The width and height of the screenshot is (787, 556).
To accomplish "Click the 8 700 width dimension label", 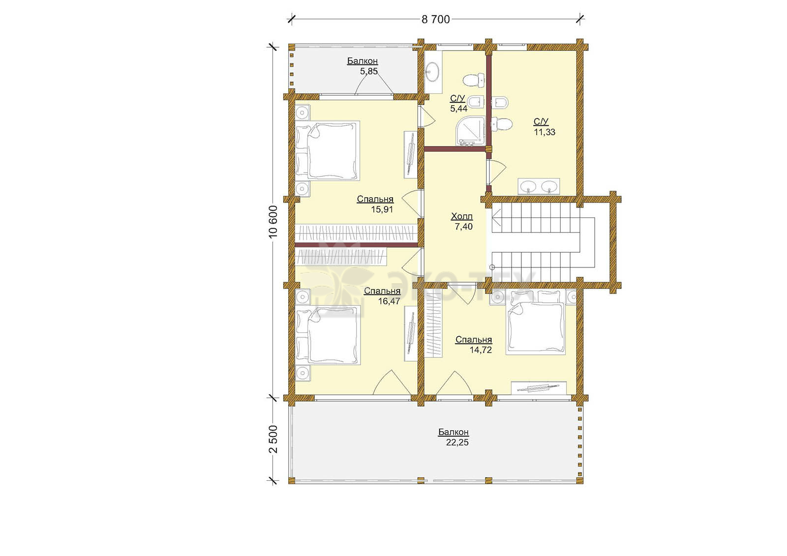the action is pyautogui.click(x=435, y=20).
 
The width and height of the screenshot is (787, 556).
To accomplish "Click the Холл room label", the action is pyautogui.click(x=462, y=216).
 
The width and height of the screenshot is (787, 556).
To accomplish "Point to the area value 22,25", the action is pyautogui.click(x=457, y=442).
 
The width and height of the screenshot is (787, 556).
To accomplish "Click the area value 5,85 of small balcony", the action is pyautogui.click(x=368, y=71).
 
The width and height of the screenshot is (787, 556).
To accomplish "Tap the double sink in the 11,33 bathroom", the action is pyautogui.click(x=539, y=186).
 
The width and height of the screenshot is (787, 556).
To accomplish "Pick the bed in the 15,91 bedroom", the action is pyautogui.click(x=327, y=151).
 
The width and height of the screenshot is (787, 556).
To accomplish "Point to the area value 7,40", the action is pyautogui.click(x=463, y=227).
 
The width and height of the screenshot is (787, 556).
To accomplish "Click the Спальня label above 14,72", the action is pyautogui.click(x=474, y=340).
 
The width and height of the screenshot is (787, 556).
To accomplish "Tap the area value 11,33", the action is pyautogui.click(x=545, y=132).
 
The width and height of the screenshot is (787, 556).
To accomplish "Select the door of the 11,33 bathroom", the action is pyautogui.click(x=496, y=172).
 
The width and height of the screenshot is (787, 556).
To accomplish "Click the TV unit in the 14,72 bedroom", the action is pyautogui.click(x=539, y=388).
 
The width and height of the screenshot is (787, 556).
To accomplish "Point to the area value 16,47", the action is pyautogui.click(x=389, y=301).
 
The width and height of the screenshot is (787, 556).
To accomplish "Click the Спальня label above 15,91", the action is pyautogui.click(x=375, y=199).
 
